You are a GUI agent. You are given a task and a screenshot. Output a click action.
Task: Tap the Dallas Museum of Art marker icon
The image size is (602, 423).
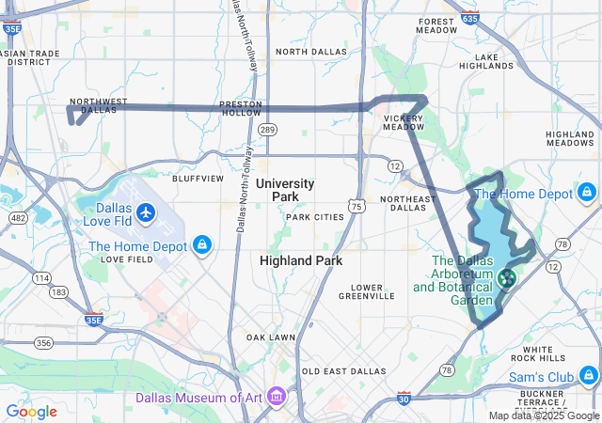(277, 397)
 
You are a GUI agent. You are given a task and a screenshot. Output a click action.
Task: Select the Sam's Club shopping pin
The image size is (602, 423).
(587, 378)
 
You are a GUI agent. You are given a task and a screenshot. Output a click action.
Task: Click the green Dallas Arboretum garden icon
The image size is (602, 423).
(506, 278)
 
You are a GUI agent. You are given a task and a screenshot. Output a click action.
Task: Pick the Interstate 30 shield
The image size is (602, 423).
(404, 399)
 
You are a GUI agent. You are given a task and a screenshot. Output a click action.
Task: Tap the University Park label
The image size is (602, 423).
(285, 190)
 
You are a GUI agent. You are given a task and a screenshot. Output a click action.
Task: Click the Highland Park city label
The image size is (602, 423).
(301, 260)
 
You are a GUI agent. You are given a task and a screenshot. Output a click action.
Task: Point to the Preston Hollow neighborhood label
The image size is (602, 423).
(240, 107)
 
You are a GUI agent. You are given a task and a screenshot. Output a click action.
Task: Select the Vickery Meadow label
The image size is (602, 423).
(404, 123)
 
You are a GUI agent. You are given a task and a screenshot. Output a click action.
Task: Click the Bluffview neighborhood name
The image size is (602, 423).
(198, 177)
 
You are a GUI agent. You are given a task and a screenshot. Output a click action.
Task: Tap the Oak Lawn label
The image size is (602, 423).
(271, 337)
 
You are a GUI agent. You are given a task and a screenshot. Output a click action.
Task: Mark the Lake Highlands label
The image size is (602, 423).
(485, 61)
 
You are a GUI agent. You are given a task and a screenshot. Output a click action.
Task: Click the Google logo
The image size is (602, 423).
(31, 411)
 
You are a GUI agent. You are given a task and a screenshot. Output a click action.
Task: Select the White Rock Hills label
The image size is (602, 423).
(544, 353)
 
